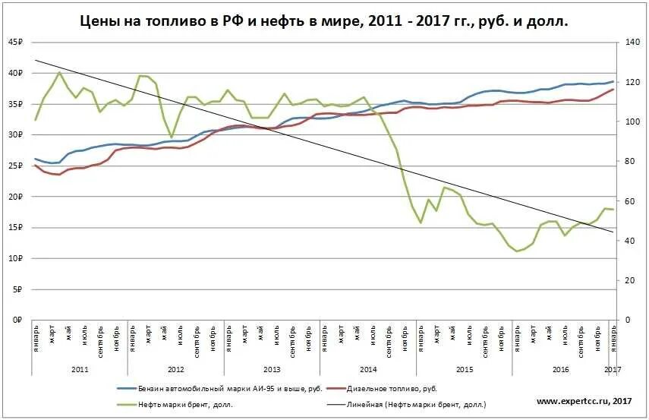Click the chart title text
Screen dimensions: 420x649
(324, 22)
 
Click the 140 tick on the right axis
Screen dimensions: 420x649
(631, 43)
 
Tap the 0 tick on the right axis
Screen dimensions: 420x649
(626, 321)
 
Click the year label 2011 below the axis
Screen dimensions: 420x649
(80, 368)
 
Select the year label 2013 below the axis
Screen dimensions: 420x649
(271, 368)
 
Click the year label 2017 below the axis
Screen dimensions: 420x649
(612, 368)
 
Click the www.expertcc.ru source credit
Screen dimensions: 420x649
(584, 401)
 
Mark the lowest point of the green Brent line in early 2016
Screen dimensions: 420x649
(517, 251)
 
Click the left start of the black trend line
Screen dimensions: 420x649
(36, 59)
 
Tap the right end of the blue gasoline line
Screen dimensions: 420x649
(613, 81)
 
